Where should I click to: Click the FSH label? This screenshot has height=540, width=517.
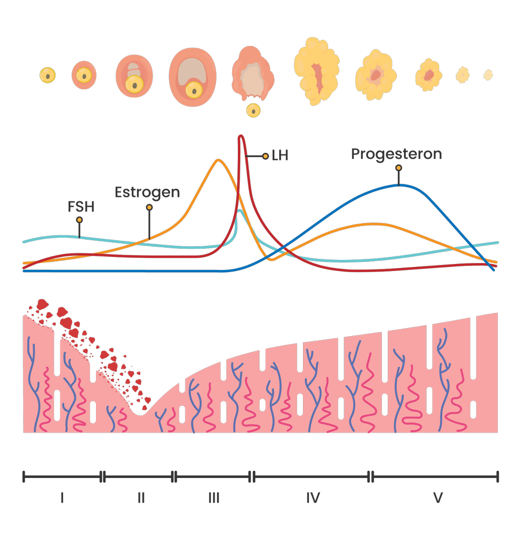[81, 206]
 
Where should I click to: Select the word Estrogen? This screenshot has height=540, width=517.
[147, 192]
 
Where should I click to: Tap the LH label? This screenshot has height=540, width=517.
[280, 155]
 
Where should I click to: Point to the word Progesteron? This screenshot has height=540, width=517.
[396, 154]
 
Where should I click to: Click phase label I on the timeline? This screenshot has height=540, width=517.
[62, 498]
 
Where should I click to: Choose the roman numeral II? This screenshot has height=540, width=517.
[141, 498]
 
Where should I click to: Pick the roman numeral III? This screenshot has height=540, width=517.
[214, 498]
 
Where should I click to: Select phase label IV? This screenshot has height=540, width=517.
[313, 498]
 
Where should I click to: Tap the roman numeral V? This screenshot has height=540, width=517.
[438, 498]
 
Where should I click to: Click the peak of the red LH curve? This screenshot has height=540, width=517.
[241, 136]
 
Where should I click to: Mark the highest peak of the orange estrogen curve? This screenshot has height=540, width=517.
[218, 160]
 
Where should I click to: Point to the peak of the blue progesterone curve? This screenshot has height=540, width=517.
[399, 185]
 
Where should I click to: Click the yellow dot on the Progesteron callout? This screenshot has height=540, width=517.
[398, 168]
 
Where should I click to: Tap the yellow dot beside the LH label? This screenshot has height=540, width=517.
[266, 156]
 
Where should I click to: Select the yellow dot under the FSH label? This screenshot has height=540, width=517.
[79, 220]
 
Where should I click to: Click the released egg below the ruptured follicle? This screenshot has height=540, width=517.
[253, 111]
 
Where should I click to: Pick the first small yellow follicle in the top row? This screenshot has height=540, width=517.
[47, 76]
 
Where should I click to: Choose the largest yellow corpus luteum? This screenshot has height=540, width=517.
[317, 71]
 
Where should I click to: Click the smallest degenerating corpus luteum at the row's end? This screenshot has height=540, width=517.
[488, 75]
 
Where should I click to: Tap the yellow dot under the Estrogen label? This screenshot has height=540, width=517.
[148, 207]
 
